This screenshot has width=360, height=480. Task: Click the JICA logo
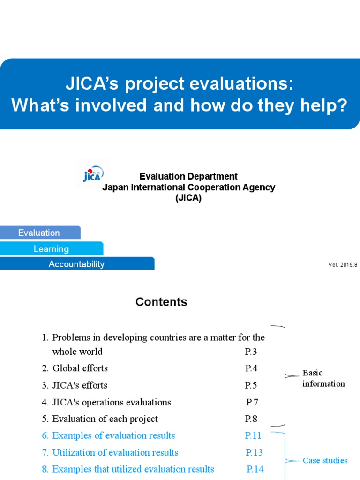click(x=93, y=174)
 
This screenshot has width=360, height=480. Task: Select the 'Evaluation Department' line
click(x=188, y=177)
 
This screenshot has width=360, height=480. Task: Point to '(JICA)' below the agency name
click(x=188, y=198)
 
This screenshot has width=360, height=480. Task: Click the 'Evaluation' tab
click(x=39, y=233)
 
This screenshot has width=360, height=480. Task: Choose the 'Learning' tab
click(x=51, y=249)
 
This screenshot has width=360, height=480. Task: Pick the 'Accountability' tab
click(x=76, y=264)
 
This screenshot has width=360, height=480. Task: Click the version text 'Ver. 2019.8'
click(x=343, y=265)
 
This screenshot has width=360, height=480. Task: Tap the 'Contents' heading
click(x=161, y=302)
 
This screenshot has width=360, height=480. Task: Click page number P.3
click(x=251, y=352)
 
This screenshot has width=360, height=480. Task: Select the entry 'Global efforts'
click(x=80, y=368)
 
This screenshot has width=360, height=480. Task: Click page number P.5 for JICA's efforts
click(x=251, y=385)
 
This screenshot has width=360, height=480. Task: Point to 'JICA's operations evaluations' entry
click(x=112, y=402)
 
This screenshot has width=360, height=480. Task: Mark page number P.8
click(x=251, y=419)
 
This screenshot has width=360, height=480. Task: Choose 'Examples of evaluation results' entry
click(x=113, y=436)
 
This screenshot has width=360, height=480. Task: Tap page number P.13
click(x=254, y=453)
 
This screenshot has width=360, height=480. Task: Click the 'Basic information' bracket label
click(x=323, y=378)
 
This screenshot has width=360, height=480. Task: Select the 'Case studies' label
click(x=325, y=461)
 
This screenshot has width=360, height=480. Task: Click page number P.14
click(x=255, y=469)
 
